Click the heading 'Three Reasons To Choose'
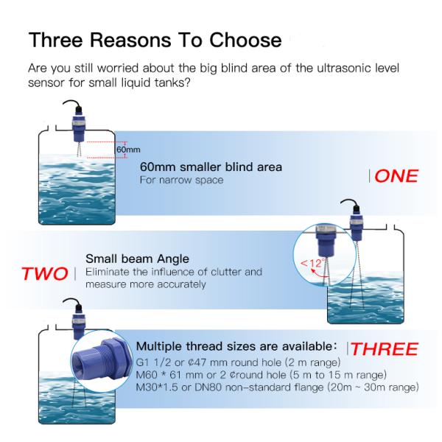click(154, 40)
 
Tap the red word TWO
click(46, 274)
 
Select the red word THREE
click(382, 348)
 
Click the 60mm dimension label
click(127, 150)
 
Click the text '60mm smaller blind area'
click(211, 167)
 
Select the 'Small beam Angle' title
click(137, 259)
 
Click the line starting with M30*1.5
click(278, 387)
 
